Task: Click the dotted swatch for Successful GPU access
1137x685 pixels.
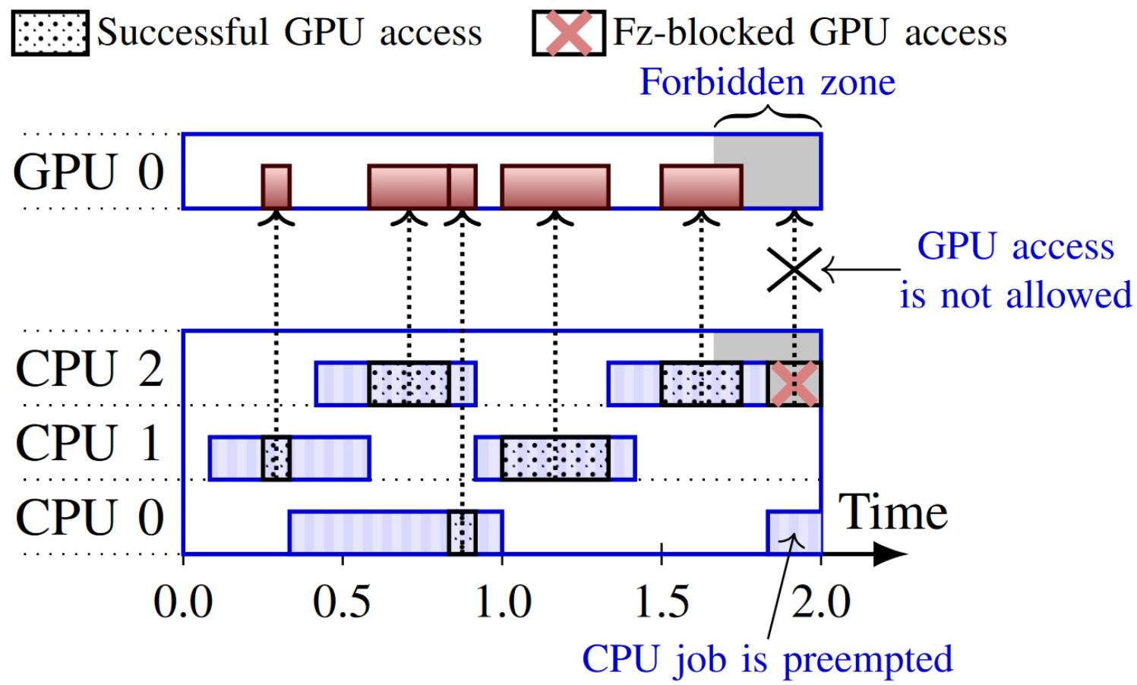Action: (x=50, y=33)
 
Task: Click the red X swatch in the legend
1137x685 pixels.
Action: (x=569, y=33)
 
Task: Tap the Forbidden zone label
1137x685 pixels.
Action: (x=767, y=82)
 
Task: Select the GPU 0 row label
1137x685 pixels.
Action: (x=88, y=172)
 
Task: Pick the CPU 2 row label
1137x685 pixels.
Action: (x=89, y=369)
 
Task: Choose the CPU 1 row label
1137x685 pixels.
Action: (x=88, y=443)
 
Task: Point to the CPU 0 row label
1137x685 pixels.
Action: (x=89, y=518)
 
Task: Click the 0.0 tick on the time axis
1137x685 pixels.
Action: (x=183, y=602)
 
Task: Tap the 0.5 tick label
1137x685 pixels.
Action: (x=342, y=602)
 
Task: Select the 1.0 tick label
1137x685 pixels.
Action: (x=502, y=602)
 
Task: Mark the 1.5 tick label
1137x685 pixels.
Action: (x=662, y=602)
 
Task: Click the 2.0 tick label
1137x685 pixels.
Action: (x=821, y=602)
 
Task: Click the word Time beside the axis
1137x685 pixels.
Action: (x=892, y=513)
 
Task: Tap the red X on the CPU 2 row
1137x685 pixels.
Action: (x=794, y=384)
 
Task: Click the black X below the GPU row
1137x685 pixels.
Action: (x=794, y=270)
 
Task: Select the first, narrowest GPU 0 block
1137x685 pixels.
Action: (x=276, y=187)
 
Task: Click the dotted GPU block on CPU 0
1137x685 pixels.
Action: (x=462, y=532)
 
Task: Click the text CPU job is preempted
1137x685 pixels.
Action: (x=767, y=659)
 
